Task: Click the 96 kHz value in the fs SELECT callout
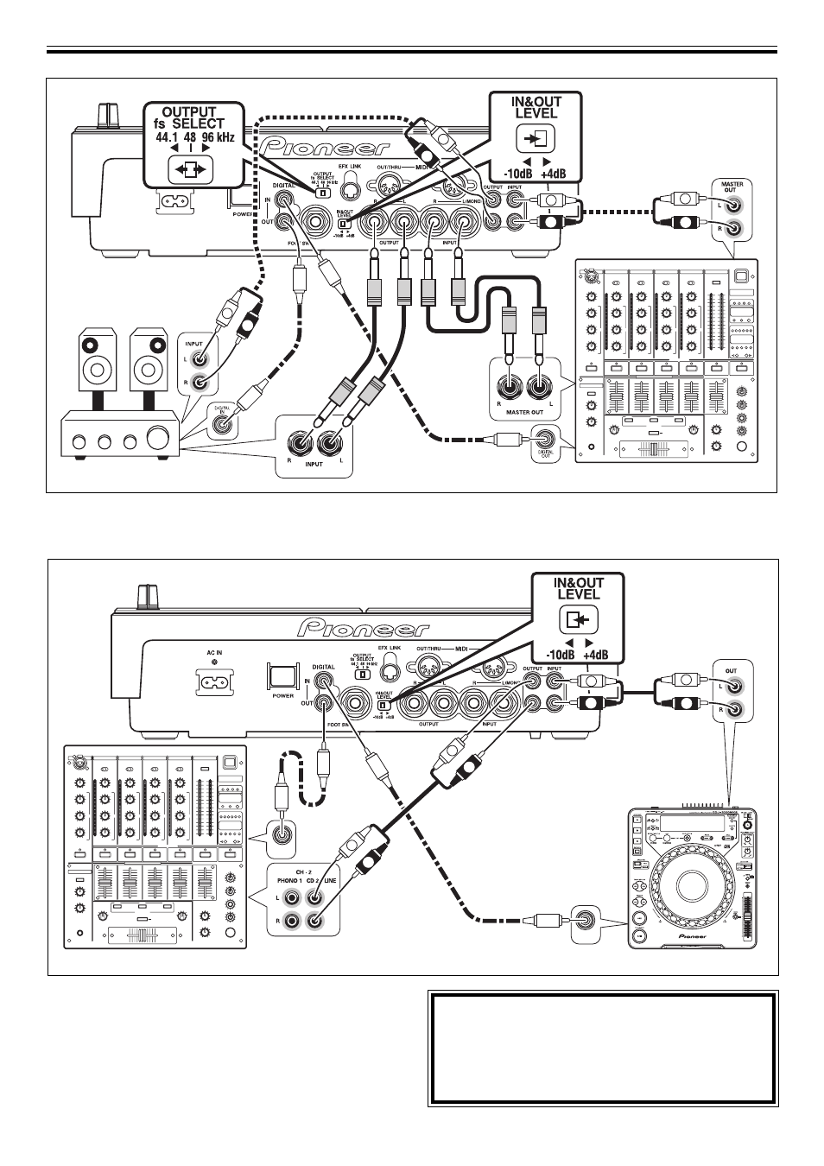click(x=218, y=137)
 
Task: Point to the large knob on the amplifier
click(x=160, y=439)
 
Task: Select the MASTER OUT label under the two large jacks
click(x=523, y=412)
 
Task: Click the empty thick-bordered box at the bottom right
click(x=602, y=1048)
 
